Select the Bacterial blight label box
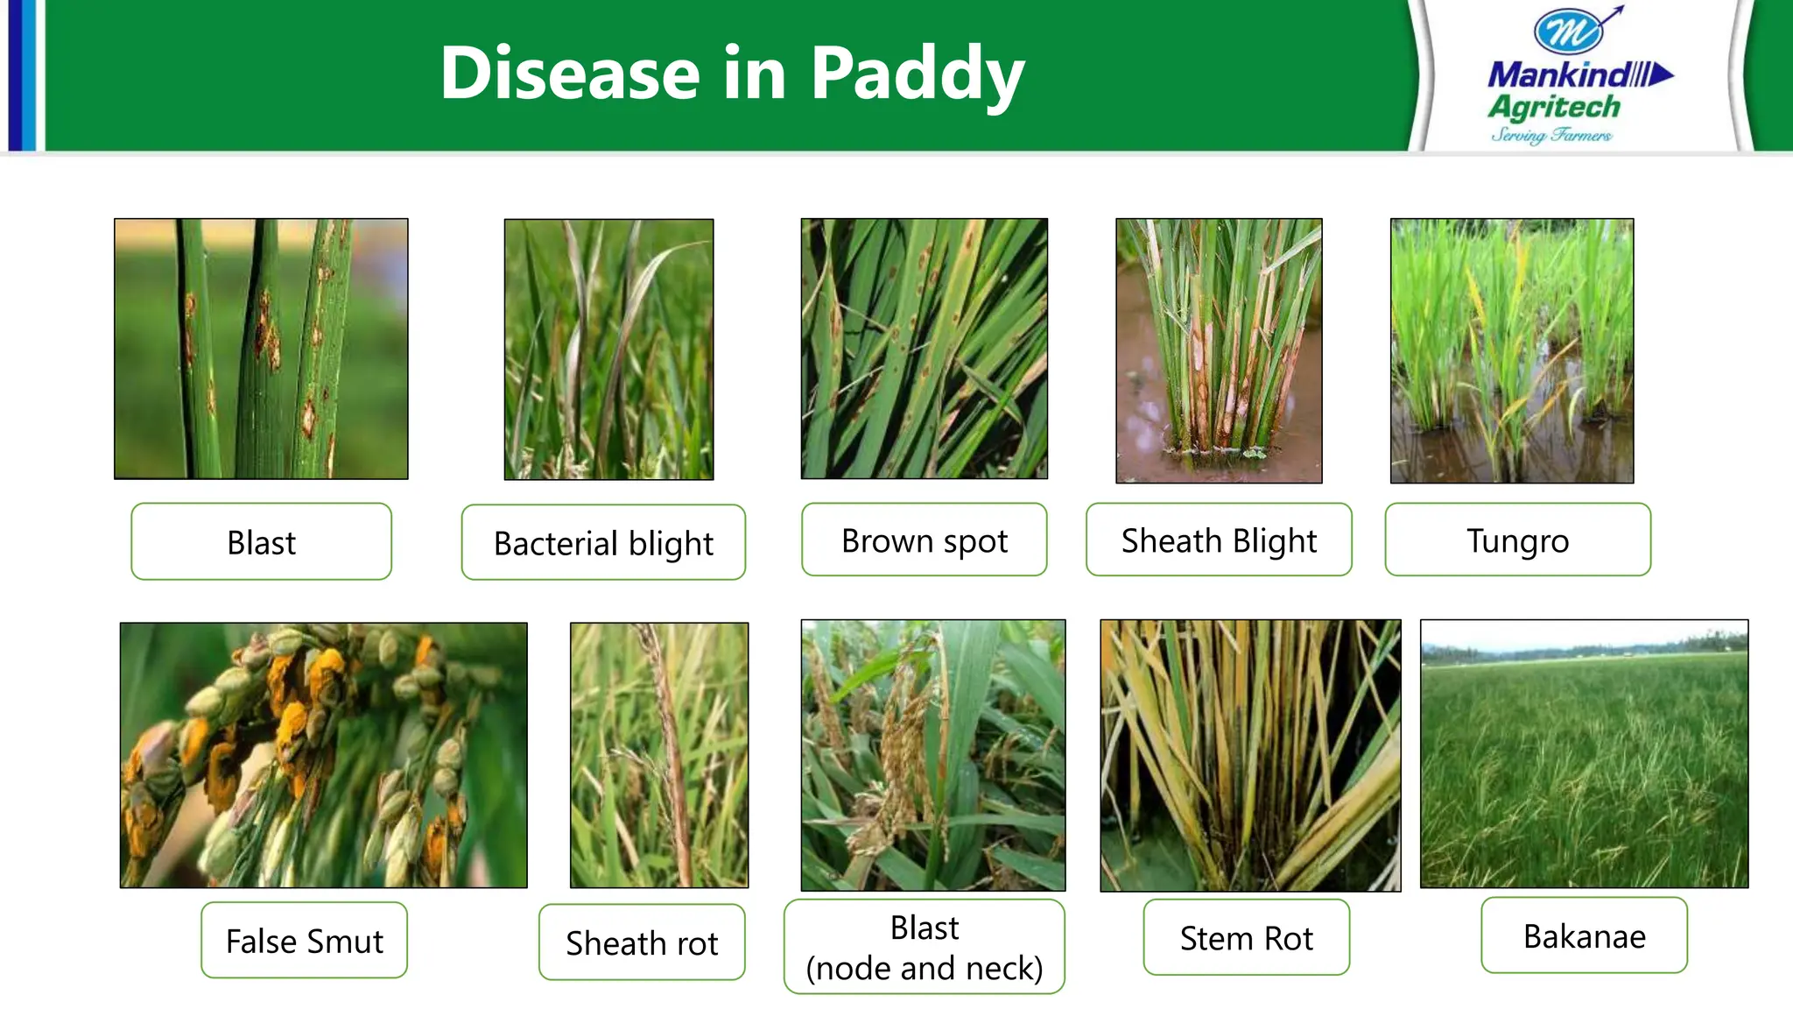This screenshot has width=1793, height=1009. (x=603, y=543)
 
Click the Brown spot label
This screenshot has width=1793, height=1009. (x=924, y=540)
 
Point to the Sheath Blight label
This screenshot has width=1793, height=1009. (x=1219, y=540)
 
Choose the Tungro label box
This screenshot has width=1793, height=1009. (x=1517, y=540)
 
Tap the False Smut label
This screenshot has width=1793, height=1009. (x=304, y=941)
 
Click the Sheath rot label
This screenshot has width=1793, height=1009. (x=642, y=942)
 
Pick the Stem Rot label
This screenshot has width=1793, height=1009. (x=1246, y=938)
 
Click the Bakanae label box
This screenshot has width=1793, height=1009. (x=1584, y=935)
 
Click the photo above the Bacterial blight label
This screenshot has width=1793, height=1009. (x=608, y=349)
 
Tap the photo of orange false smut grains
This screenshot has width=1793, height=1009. (x=323, y=755)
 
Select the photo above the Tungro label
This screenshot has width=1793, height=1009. (x=1512, y=350)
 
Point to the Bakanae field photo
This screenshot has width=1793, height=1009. (x=1584, y=754)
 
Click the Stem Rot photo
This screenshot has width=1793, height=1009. (x=1250, y=756)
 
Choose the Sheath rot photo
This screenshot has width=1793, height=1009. (x=659, y=755)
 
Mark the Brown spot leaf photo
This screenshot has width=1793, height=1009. (x=924, y=349)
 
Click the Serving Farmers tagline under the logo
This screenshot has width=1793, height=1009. (x=1551, y=135)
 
